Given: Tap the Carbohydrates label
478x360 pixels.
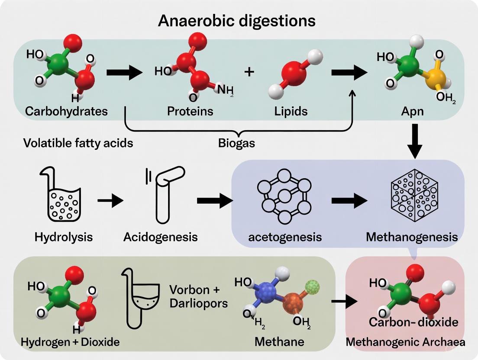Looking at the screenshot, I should click(x=66, y=111).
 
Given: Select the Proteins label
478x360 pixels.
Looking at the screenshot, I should click(x=190, y=111).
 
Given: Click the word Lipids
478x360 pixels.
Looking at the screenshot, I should click(x=291, y=111).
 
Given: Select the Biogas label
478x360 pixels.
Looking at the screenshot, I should click(x=236, y=143).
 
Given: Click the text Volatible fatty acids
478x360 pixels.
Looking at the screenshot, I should click(x=78, y=143).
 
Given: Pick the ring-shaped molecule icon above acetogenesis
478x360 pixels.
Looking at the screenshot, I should click(x=284, y=195).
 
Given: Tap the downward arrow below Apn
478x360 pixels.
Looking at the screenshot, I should click(x=415, y=141).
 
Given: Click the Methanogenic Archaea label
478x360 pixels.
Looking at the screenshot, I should click(x=405, y=342).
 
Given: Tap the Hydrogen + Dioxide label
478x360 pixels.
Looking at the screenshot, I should click(x=70, y=342).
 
